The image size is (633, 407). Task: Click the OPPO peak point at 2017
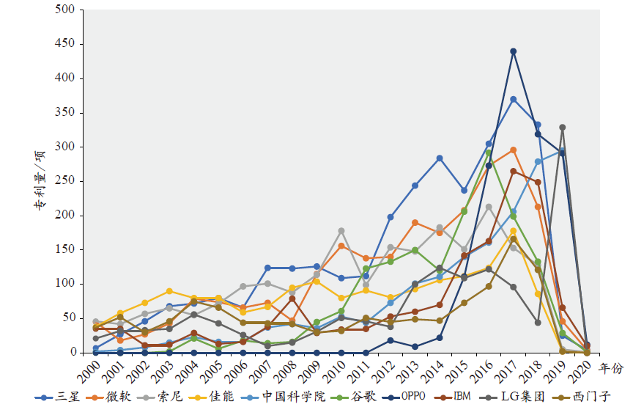point(514,51)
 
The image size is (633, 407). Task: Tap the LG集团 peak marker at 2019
point(563,128)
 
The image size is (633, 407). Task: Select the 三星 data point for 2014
point(440,158)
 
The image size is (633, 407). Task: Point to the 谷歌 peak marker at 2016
point(489,153)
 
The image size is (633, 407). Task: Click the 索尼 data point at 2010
point(341,231)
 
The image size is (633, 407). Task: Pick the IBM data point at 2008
point(292,298)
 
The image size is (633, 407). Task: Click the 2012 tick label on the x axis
point(382,370)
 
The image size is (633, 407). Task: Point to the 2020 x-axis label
point(579,370)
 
